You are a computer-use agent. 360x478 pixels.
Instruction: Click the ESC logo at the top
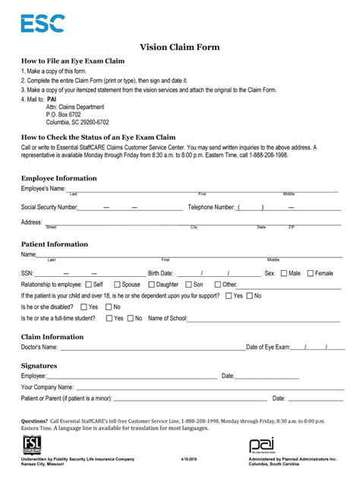tap(43, 24)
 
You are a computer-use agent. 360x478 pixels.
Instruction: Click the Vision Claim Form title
tap(179, 47)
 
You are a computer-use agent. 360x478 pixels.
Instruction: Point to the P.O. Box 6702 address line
tap(67, 115)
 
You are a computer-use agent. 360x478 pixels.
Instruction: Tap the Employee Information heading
tap(58, 178)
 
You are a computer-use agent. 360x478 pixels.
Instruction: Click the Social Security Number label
tap(49, 206)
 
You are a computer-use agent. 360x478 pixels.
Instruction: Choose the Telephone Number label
tap(211, 206)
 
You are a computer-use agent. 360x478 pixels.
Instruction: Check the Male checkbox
tap(283, 273)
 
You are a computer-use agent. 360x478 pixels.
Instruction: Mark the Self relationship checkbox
tap(88, 285)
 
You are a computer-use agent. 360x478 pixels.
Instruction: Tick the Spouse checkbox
tap(115, 285)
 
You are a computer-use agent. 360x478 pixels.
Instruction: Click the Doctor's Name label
tap(39, 347)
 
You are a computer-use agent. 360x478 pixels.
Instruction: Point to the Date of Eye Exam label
tap(269, 347)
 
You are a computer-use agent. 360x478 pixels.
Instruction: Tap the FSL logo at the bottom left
tap(33, 445)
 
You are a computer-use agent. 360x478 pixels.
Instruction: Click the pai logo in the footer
tap(261, 445)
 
